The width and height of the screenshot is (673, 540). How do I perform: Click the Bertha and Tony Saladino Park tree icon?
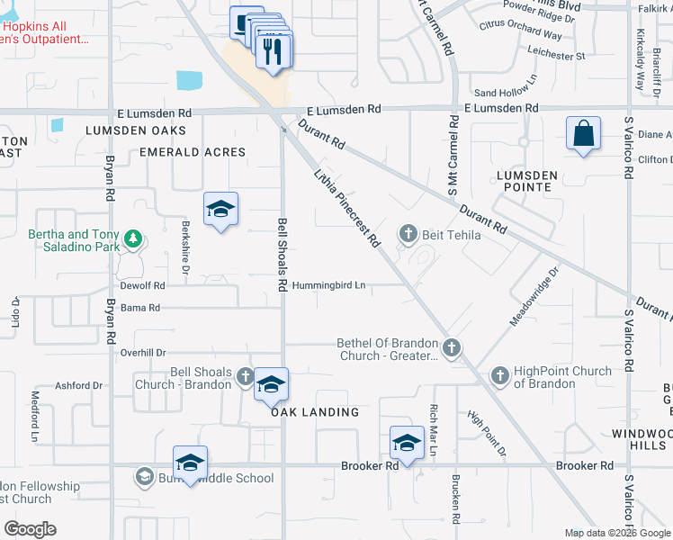click(x=134, y=238)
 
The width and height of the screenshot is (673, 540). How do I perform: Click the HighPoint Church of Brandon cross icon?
click(x=500, y=373)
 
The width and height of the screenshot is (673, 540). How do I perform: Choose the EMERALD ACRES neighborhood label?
click(x=193, y=152)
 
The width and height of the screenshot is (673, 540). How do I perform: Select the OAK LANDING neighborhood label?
click(x=316, y=412)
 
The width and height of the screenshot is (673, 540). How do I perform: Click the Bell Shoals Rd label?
click(x=282, y=254)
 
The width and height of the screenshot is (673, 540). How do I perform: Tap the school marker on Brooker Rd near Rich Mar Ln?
click(x=407, y=444)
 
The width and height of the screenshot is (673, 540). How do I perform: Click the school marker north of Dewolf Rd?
click(x=221, y=211)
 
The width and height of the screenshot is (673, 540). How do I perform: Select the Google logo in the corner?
click(x=30, y=529)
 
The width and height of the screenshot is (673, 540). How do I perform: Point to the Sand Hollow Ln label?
click(x=505, y=93)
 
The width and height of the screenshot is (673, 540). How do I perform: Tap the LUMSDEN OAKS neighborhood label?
click(x=135, y=130)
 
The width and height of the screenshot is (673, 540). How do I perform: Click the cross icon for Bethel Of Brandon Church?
click(x=452, y=347)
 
